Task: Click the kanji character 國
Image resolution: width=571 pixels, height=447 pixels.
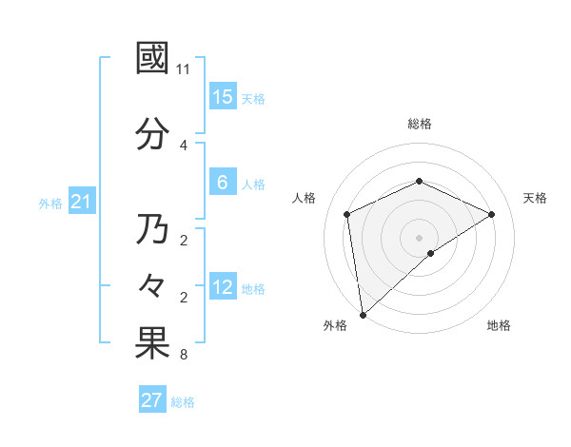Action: [152, 58]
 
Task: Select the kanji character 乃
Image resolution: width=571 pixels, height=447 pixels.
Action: [152, 229]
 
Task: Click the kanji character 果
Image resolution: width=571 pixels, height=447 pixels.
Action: [152, 343]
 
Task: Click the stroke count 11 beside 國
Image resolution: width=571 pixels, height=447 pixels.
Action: [184, 69]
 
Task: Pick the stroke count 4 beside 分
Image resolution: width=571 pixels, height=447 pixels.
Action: [184, 145]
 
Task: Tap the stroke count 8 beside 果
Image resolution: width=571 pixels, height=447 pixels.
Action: [184, 355]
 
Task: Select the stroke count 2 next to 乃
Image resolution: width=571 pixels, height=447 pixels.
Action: [184, 240]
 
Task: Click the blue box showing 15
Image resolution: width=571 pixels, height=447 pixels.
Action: [223, 97]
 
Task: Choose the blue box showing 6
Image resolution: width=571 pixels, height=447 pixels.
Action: [223, 183]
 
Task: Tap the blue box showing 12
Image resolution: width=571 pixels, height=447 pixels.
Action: [223, 287]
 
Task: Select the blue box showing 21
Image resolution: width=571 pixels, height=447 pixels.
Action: [80, 202]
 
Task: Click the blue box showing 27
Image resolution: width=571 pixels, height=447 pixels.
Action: [151, 400]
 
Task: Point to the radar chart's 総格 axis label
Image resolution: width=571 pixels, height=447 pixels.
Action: [419, 124]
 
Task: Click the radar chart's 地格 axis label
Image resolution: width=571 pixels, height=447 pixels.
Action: [499, 325]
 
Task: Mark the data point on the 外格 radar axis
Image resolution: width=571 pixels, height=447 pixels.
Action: [363, 314]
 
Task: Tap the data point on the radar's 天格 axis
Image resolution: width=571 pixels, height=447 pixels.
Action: [491, 214]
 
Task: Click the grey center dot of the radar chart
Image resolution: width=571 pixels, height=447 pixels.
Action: [419, 237]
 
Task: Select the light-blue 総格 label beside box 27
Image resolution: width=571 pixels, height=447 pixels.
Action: [183, 402]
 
